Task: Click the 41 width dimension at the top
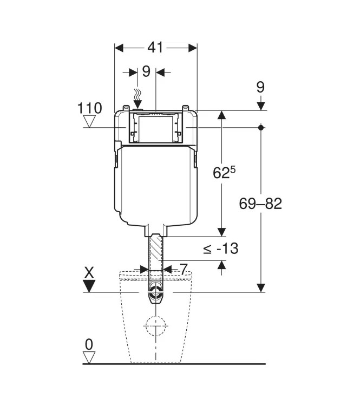tap(155, 48)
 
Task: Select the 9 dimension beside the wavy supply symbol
tap(146, 71)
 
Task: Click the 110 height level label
tap(90, 108)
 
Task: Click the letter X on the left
tap(89, 272)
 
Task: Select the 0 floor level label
tap(89, 344)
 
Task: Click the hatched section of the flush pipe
tap(156, 252)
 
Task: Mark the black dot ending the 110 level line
tap(261, 128)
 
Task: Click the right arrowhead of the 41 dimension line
tap(192, 48)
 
